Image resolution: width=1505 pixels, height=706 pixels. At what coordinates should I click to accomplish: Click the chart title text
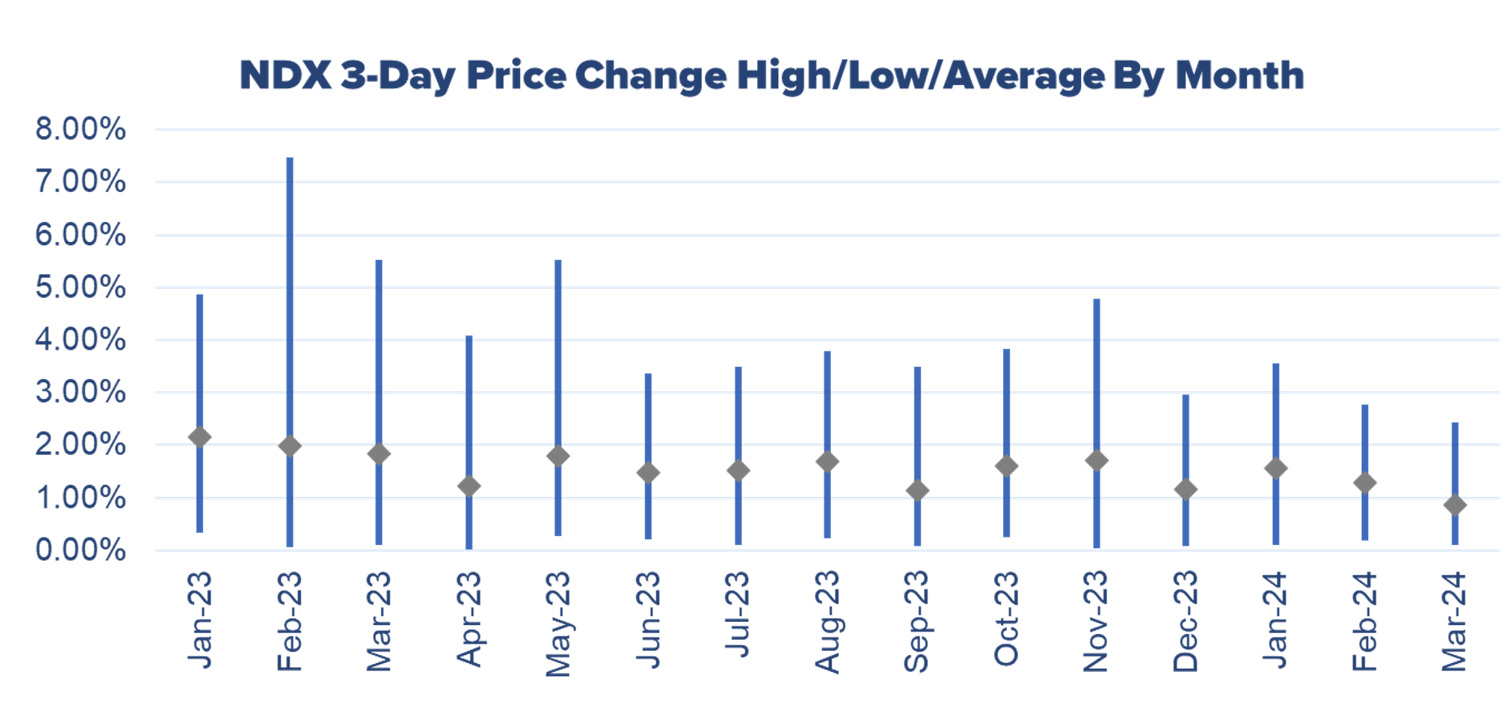(771, 76)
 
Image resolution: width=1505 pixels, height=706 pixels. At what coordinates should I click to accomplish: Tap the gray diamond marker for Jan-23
(200, 437)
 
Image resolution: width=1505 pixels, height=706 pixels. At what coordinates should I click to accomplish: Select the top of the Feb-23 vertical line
(290, 159)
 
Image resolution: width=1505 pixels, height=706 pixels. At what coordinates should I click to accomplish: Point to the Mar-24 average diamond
(1454, 505)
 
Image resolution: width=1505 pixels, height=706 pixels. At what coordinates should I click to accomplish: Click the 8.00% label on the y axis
(80, 130)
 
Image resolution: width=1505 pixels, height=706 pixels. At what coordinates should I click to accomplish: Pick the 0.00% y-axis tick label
(80, 551)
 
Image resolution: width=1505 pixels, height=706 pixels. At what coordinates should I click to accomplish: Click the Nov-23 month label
(1096, 622)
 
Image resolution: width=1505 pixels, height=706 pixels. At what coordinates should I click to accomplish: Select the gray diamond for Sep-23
(917, 491)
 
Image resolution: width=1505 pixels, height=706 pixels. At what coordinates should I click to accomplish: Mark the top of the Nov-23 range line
(1096, 301)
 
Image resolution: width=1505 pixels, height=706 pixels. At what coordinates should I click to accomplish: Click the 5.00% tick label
(80, 287)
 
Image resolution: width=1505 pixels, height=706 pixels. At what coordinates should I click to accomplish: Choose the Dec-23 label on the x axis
(1185, 622)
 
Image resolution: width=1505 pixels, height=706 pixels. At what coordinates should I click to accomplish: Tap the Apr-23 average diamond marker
(468, 486)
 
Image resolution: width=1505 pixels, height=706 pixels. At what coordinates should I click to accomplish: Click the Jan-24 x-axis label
(1275, 620)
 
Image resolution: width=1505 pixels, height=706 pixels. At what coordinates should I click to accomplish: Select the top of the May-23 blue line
(558, 262)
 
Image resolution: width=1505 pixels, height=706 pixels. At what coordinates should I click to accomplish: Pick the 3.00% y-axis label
(80, 393)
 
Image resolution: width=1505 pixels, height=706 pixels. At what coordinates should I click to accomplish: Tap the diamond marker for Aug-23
(827, 461)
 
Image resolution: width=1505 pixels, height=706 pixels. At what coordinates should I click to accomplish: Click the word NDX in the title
(286, 76)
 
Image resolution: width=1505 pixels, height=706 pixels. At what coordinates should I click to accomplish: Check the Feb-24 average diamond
(1365, 483)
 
